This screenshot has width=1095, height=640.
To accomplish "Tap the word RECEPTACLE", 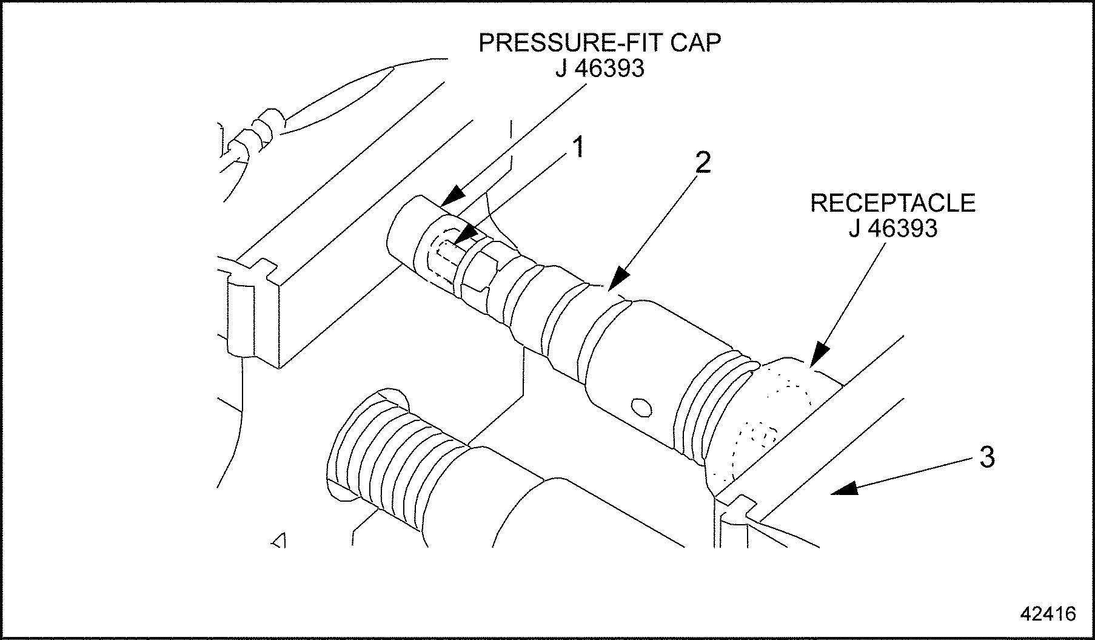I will click(x=892, y=203).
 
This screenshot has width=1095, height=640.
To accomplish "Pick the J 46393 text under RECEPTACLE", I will click(x=892, y=229).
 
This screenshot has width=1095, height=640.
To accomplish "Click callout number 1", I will click(x=578, y=147).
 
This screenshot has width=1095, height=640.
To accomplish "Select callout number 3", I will click(x=987, y=457).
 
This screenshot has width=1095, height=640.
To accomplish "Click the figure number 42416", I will click(x=1048, y=614).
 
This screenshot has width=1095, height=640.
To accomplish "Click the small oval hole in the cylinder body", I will click(x=641, y=407).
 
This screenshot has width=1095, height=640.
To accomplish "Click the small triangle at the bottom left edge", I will click(x=279, y=540).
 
